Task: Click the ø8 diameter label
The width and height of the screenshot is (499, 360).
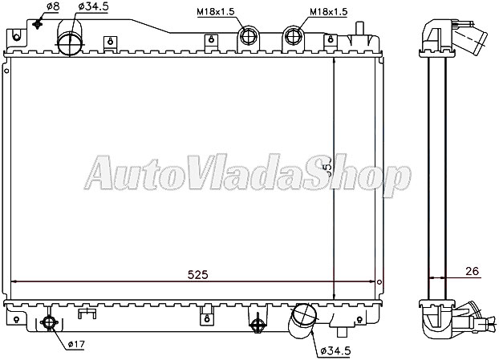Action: (x=51, y=7)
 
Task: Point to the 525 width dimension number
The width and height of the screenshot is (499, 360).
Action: (x=197, y=274)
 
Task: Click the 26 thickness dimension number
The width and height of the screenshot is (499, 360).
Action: (x=471, y=272)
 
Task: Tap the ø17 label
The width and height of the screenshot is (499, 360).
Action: (x=75, y=345)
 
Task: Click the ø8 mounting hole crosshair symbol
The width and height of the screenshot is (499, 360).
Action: (x=37, y=22)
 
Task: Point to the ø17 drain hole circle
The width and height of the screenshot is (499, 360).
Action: (x=48, y=323)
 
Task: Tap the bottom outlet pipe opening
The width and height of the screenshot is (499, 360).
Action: (x=304, y=314)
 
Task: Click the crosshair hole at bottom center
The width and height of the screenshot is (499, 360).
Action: (x=258, y=324)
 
